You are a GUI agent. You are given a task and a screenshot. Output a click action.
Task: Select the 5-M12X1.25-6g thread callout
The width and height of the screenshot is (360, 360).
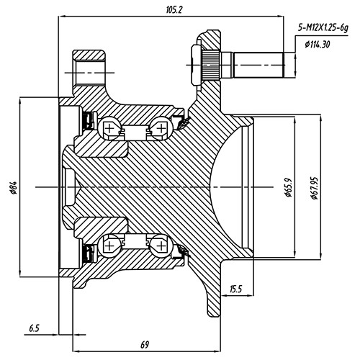(x=323, y=28)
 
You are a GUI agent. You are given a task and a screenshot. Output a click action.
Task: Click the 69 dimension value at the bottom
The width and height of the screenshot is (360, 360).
(x=144, y=345)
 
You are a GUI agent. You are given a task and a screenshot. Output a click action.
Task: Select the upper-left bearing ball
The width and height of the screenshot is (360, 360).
(x=111, y=128)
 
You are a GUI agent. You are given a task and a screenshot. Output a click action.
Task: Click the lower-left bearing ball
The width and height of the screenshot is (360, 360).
(x=111, y=246)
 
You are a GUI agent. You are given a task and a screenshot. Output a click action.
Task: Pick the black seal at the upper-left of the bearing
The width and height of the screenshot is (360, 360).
(x=90, y=120)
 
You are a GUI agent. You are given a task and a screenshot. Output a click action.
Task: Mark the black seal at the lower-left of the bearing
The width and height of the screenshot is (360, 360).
(x=90, y=253)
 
